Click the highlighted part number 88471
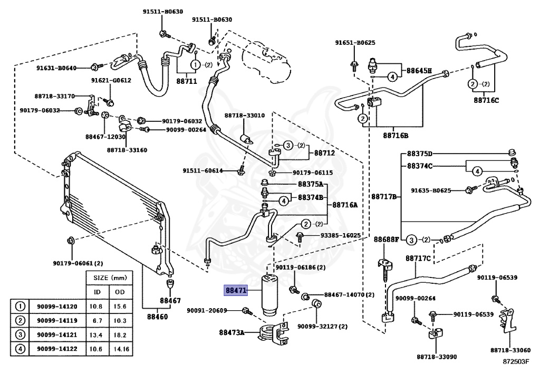pyautogui.click(x=236, y=290)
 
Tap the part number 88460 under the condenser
pyautogui.click(x=157, y=317)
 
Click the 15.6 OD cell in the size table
pyautogui.click(x=120, y=307)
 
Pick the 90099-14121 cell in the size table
pyautogui.click(x=57, y=335)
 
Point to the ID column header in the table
pyautogui.click(x=98, y=292)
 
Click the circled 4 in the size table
pyautogui.click(x=21, y=349)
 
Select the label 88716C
pyautogui.click(x=486, y=100)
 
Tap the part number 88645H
pyautogui.click(x=419, y=71)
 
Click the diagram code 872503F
pyautogui.click(x=515, y=361)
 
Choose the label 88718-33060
pyautogui.click(x=510, y=350)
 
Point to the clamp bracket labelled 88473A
pyautogui.click(x=274, y=332)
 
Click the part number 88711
pyautogui.click(x=187, y=81)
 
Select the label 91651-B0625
pyautogui.click(x=355, y=43)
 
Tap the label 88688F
pyautogui.click(x=386, y=239)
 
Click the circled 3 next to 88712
pyautogui.click(x=288, y=145)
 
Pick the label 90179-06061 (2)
pyautogui.click(x=78, y=263)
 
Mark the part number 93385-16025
pyautogui.click(x=340, y=235)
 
